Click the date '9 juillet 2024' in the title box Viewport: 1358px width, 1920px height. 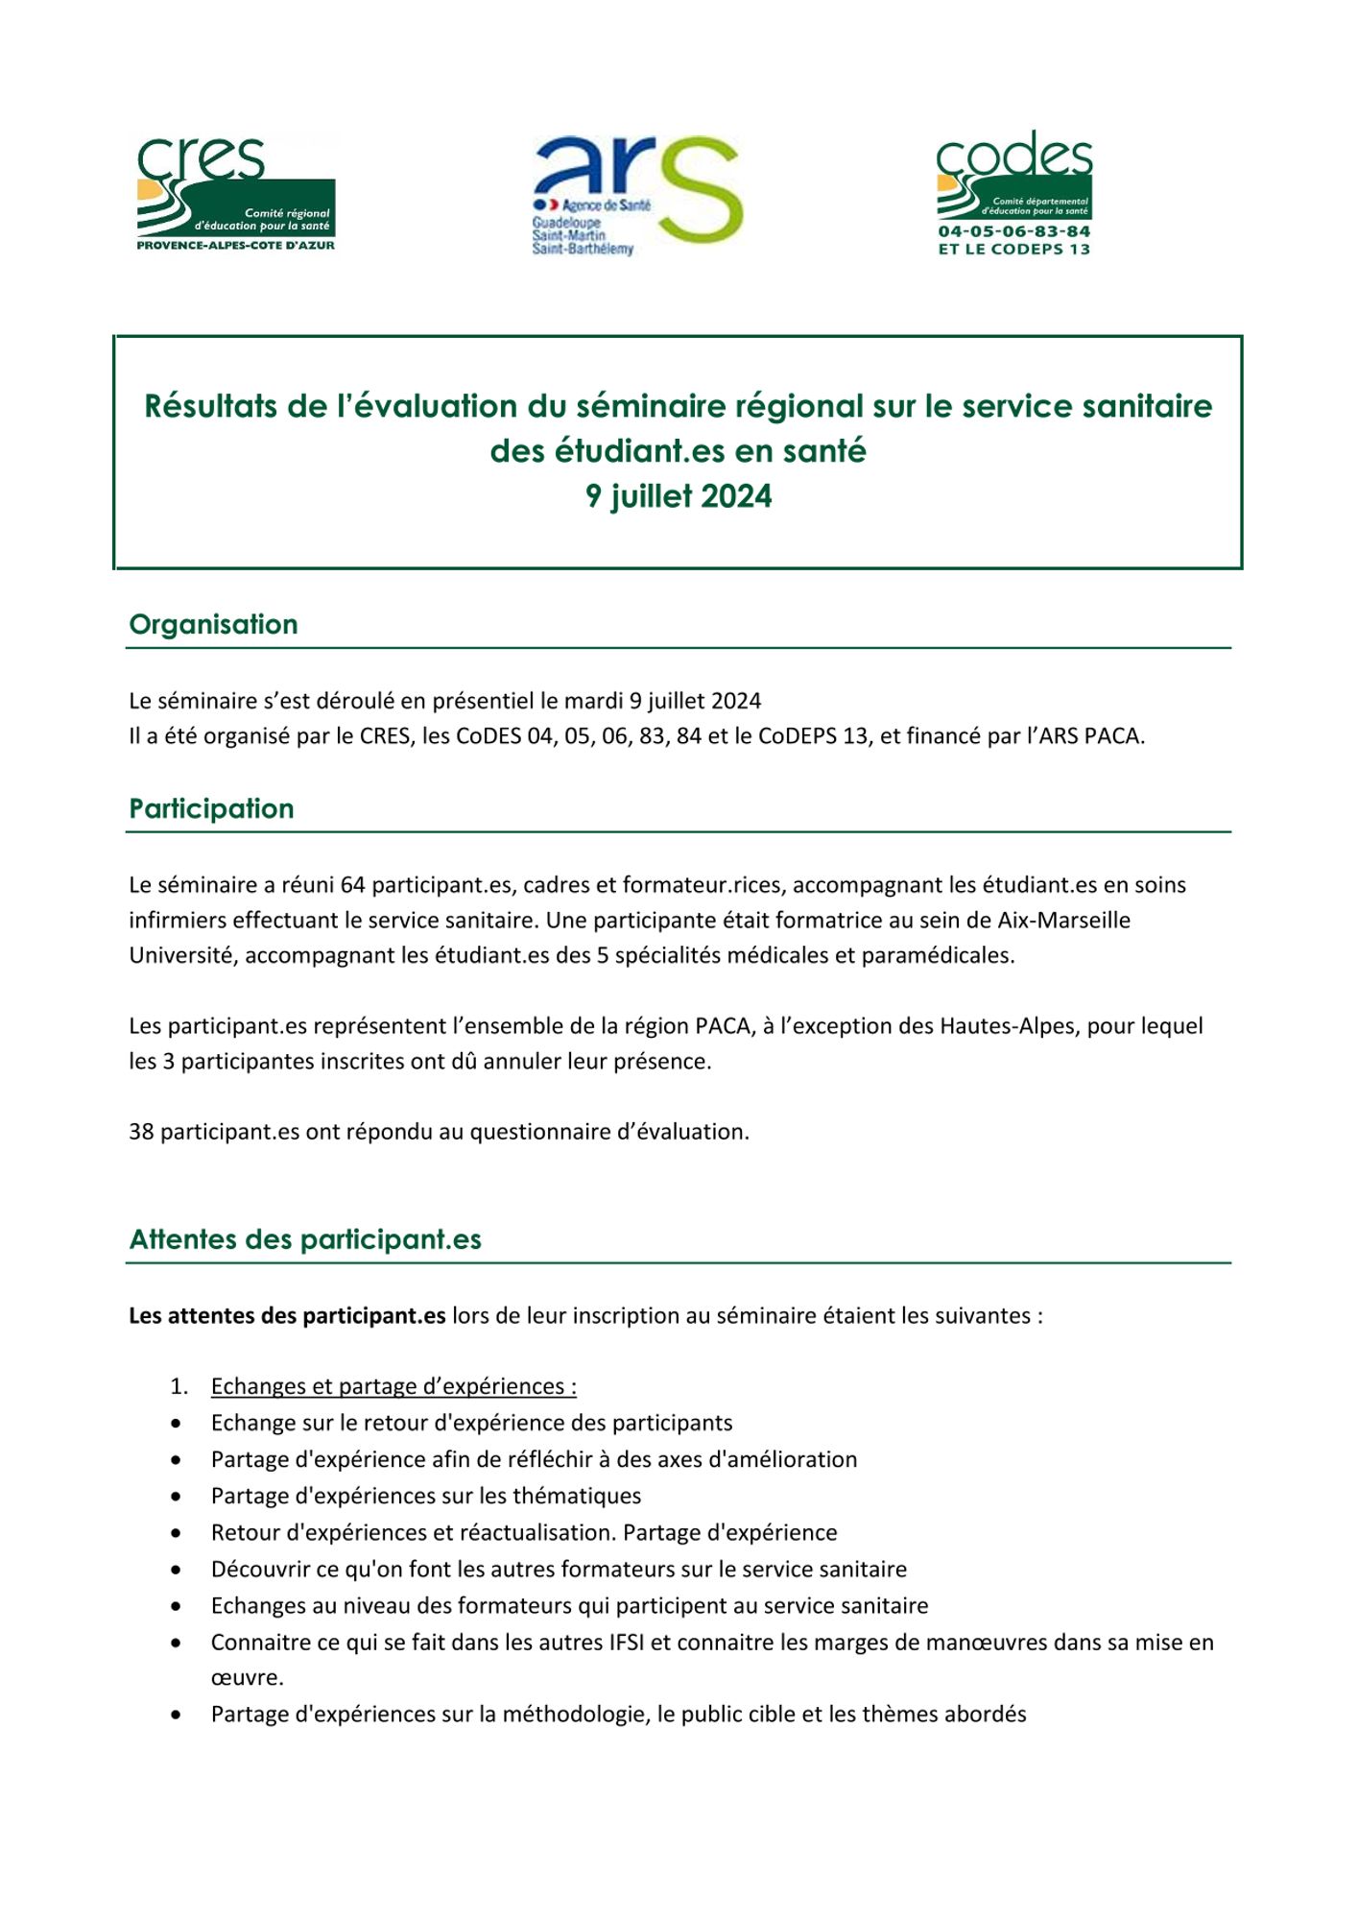[x=679, y=496]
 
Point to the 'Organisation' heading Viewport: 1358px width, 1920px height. [x=213, y=624]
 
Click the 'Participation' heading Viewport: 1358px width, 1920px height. [x=211, y=808]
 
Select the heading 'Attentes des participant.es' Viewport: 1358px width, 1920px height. [x=305, y=1239]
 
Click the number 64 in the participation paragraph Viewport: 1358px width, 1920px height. [x=352, y=885]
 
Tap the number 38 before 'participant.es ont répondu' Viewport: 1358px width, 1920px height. [x=141, y=1132]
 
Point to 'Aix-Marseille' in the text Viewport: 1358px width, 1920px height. [x=1063, y=921]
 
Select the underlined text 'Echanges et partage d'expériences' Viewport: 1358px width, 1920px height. [x=393, y=1386]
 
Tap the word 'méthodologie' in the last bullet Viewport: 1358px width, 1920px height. [x=573, y=1715]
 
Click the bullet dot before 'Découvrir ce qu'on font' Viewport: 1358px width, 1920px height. [x=176, y=1571]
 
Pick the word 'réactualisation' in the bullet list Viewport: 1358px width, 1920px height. [x=537, y=1533]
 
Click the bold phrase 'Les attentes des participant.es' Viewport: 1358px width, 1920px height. [x=287, y=1316]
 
